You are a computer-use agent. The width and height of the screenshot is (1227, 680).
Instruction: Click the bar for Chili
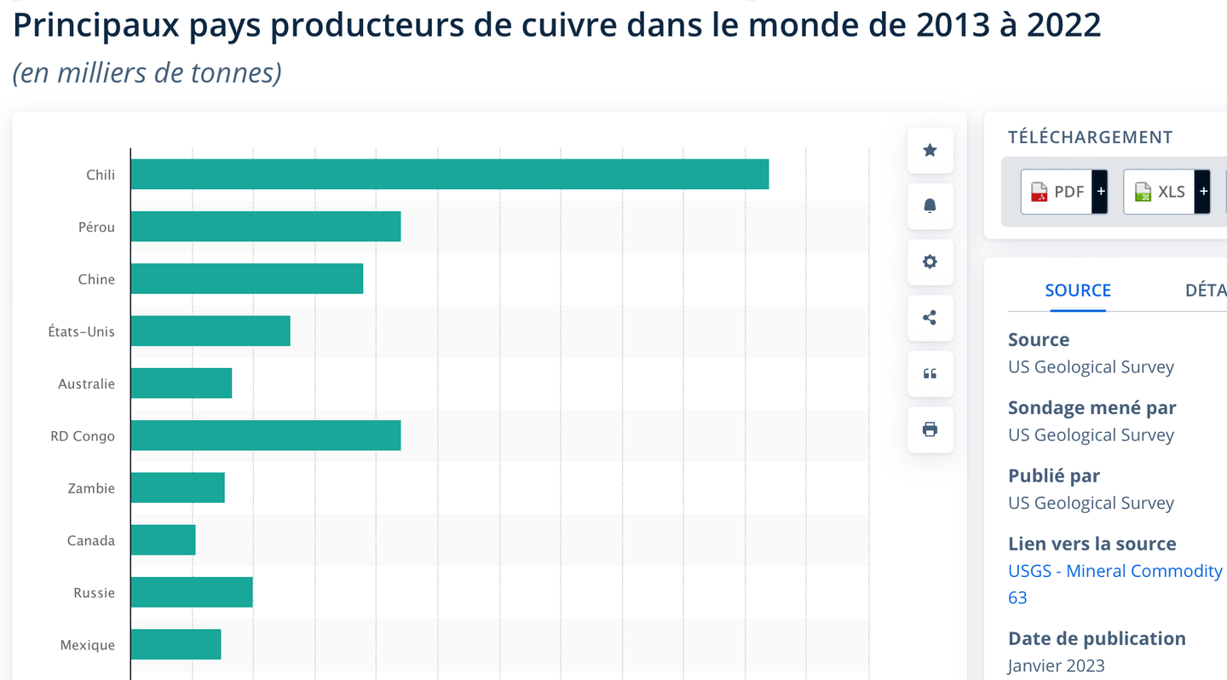pyautogui.click(x=449, y=174)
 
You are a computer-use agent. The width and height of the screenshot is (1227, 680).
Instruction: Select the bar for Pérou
pyautogui.click(x=265, y=227)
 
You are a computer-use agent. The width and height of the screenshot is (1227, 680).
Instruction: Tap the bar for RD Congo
pyautogui.click(x=265, y=435)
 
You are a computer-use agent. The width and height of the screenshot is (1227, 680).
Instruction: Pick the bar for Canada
pyautogui.click(x=163, y=540)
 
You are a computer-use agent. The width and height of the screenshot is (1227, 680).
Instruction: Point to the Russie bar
pyautogui.click(x=192, y=592)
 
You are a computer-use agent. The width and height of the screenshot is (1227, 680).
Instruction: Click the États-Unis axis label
pyautogui.click(x=81, y=331)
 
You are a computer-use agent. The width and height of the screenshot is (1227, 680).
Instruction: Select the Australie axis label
pyautogui.click(x=86, y=383)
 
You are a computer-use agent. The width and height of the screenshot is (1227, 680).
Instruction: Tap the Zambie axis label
pyautogui.click(x=91, y=488)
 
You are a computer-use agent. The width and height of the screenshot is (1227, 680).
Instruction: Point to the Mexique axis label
pyautogui.click(x=87, y=645)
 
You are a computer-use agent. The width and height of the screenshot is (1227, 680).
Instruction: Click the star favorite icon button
pyautogui.click(x=930, y=151)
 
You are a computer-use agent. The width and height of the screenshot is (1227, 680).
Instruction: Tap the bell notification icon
pyautogui.click(x=930, y=206)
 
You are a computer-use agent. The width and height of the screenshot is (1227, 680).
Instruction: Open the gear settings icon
pyautogui.click(x=930, y=262)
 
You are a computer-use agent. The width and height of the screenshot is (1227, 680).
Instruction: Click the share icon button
pyautogui.click(x=930, y=318)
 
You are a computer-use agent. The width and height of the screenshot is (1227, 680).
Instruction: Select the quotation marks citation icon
pyautogui.click(x=930, y=374)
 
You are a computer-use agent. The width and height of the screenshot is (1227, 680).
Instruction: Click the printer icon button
pyautogui.click(x=930, y=429)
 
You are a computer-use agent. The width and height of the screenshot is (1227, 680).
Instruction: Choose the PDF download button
pyautogui.click(x=1063, y=192)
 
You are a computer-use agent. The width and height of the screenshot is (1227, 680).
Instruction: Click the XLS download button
pyautogui.click(x=1166, y=192)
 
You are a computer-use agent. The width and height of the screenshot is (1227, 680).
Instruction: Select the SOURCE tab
pyautogui.click(x=1077, y=291)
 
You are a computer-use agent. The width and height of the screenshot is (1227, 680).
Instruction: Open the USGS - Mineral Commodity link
pyautogui.click(x=1115, y=571)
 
